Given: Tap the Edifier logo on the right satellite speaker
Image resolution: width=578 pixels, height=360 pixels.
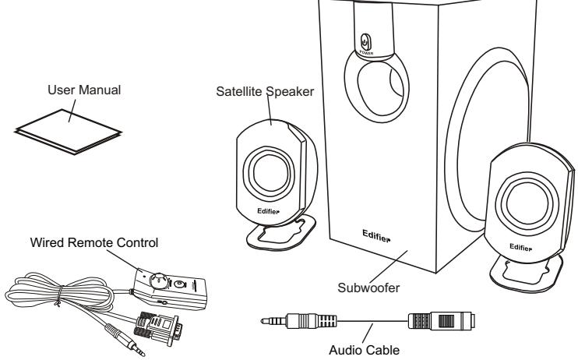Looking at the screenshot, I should pos(521,243).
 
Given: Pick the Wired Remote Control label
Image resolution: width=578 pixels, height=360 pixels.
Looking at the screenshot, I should pos(93,242).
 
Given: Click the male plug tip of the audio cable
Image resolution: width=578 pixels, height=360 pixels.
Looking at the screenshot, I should pos(269,319).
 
